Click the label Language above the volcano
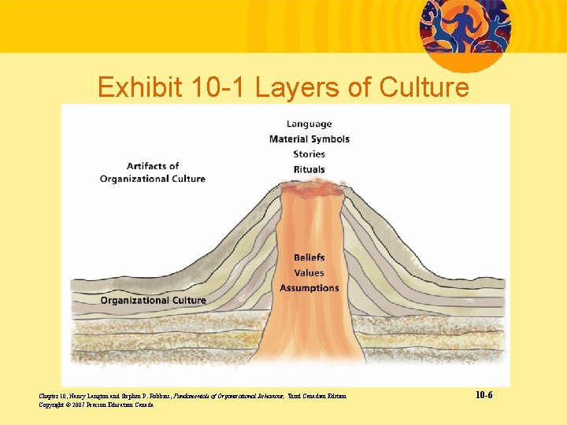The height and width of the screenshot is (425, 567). click(309, 124)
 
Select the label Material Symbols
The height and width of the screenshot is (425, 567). click(309, 139)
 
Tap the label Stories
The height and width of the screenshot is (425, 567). click(309, 154)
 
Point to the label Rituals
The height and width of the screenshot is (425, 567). click(309, 169)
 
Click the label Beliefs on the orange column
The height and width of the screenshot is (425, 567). click(309, 257)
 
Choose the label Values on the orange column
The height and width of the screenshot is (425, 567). click(309, 273)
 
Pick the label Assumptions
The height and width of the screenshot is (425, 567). click(309, 288)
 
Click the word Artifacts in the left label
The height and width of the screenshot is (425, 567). click(153, 165)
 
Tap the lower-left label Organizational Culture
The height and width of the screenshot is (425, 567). click(153, 300)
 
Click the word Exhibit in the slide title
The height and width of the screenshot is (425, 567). click(140, 87)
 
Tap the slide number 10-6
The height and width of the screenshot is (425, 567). click(484, 394)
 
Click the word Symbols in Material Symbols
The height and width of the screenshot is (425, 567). click(331, 139)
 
